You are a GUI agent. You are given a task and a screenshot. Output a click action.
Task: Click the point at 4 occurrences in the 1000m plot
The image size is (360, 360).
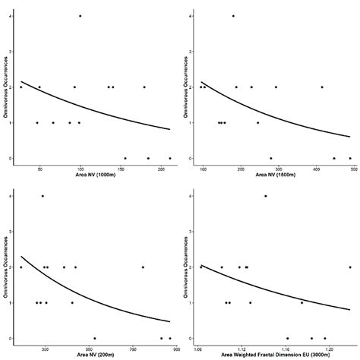click(80, 16)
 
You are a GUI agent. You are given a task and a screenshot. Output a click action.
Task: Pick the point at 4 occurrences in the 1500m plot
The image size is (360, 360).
click(233, 16)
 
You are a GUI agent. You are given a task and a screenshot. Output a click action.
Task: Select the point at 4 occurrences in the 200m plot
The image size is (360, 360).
click(43, 196)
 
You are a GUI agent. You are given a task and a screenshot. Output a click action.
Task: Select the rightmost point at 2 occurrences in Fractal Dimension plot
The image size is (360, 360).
click(350, 267)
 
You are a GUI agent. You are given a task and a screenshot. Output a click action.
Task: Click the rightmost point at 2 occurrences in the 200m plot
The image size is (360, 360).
click(142, 267)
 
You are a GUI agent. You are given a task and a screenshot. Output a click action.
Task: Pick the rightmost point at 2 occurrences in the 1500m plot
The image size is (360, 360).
click(322, 87)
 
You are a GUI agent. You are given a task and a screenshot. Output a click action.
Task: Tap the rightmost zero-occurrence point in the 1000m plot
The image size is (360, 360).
click(170, 158)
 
